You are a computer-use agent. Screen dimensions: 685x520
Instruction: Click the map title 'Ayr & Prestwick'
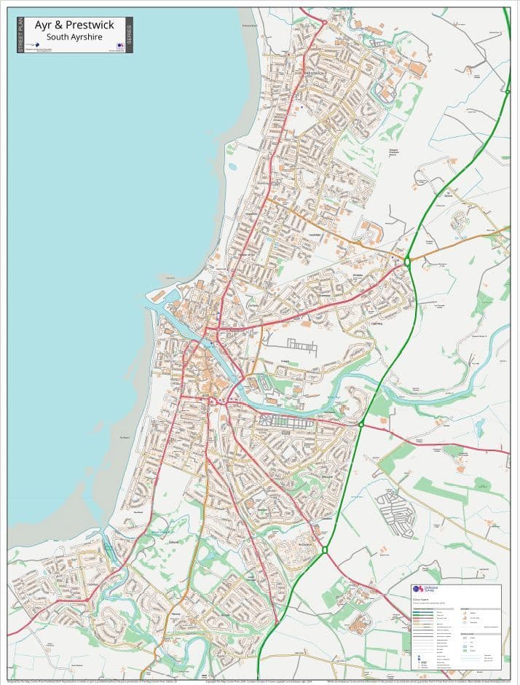pos(74,26)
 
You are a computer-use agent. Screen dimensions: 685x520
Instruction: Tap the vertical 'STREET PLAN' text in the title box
pos(20,35)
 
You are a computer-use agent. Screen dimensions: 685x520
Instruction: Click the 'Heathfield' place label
pos(315,235)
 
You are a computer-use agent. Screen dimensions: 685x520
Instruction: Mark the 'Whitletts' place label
pos(358,275)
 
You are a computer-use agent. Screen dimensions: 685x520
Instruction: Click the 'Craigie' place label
pos(285,359)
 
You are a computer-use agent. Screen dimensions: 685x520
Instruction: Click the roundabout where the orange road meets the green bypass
pos(407,260)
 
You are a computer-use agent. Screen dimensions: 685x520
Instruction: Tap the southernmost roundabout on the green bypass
pos(325,549)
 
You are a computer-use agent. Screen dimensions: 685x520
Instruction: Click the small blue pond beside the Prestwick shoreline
pos(232,166)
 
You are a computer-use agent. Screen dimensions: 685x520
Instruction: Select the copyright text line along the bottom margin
pos(260,681)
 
